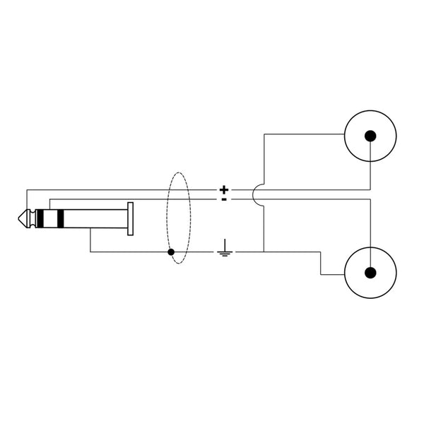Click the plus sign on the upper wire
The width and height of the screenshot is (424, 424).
pos(224,189)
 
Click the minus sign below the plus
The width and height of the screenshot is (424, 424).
pos(224,199)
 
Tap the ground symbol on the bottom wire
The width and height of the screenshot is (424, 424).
pos(224,248)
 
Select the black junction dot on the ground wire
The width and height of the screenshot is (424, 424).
pos(171,252)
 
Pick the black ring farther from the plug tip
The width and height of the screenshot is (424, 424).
pos(61,219)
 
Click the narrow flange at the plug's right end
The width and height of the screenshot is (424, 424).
pos(131,219)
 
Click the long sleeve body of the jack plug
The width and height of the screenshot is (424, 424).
pos(95,219)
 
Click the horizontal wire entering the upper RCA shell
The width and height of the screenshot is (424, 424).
pos(304,132)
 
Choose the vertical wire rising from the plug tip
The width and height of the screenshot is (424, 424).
pos(26,201)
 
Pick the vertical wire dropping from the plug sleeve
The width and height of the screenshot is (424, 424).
pos(90,242)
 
